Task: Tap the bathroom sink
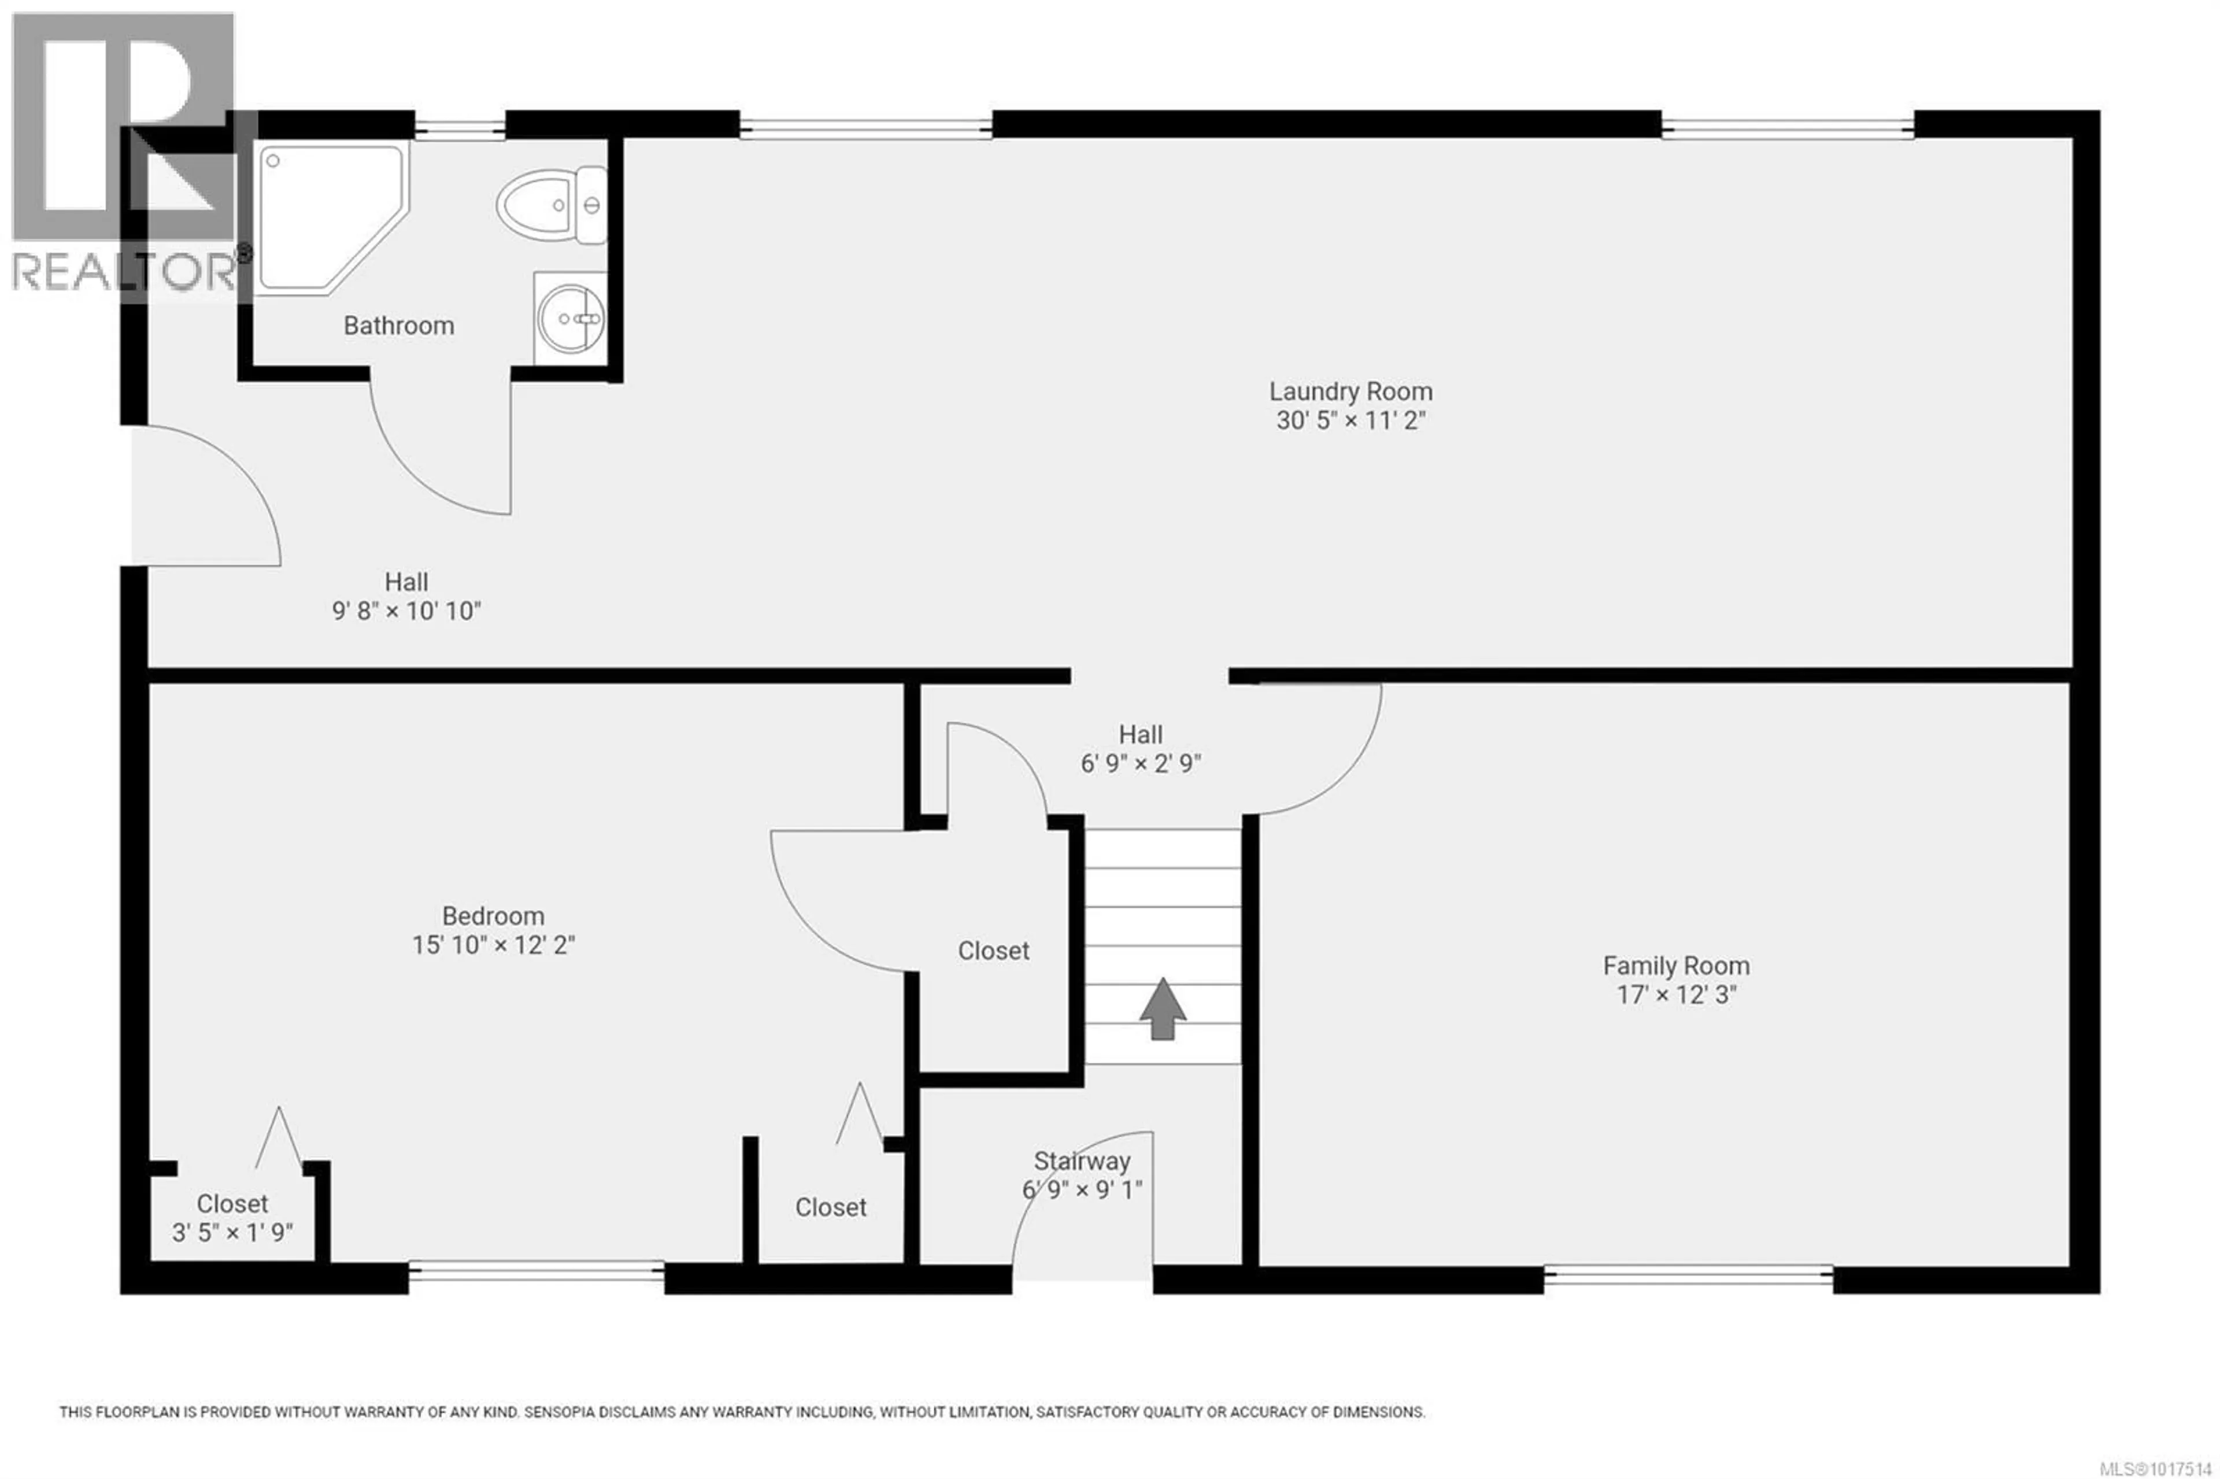tap(571, 318)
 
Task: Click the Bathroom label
tap(399, 326)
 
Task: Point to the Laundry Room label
tap(1350, 391)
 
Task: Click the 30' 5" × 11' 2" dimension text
tap(1350, 421)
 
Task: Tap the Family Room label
tap(1676, 966)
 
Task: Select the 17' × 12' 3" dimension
tap(1676, 995)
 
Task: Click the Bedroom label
tap(493, 916)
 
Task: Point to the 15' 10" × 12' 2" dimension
tap(493, 945)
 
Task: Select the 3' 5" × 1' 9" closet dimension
tap(232, 1233)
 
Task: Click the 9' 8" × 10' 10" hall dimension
tap(406, 611)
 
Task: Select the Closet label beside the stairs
tap(993, 951)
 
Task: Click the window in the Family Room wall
tap(1688, 1279)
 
